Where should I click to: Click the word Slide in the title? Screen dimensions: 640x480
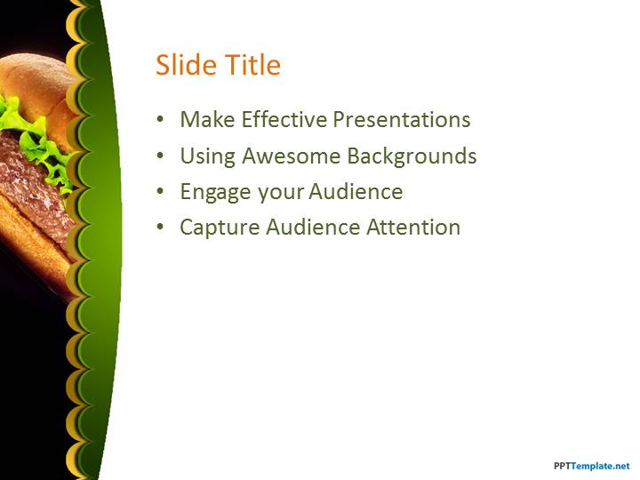point(186,65)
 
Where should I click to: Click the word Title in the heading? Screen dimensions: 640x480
point(253,65)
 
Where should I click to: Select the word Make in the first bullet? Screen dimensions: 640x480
point(207,119)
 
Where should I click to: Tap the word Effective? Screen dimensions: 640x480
point(284,119)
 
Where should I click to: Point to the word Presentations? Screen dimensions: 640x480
point(402,119)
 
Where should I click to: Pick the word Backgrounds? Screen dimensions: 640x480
point(412,156)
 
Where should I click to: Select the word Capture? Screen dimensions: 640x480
point(220,228)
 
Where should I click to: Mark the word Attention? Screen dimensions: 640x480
point(413,227)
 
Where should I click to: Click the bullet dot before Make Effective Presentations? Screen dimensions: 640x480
point(160,120)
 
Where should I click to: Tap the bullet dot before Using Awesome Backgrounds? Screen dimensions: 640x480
point(160,156)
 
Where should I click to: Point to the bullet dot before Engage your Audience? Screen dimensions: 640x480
point(160,191)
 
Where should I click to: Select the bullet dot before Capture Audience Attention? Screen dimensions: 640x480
point(160,228)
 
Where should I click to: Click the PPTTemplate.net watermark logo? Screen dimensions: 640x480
point(591,466)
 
